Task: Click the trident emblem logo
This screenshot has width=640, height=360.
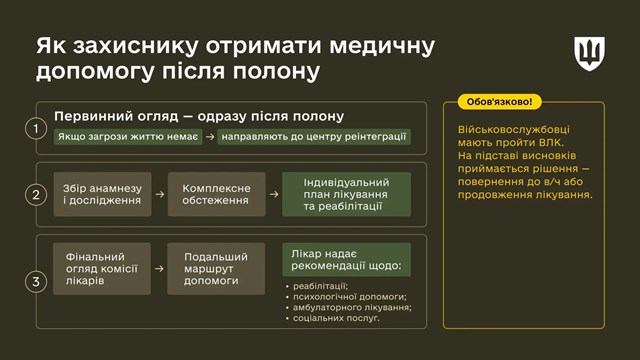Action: (589, 54)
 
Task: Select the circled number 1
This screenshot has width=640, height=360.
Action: (36, 128)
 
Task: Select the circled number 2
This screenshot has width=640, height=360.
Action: (36, 195)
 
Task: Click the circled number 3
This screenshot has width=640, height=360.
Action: (36, 281)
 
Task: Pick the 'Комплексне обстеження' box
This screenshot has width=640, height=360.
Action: (216, 194)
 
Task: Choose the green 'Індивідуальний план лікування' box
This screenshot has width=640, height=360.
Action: (346, 194)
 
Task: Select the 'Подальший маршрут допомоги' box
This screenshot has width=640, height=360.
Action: (216, 268)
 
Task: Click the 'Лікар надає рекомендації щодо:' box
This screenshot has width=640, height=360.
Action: (346, 259)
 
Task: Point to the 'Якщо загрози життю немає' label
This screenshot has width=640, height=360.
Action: (127, 136)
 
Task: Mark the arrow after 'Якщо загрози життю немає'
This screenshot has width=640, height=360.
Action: (209, 136)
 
